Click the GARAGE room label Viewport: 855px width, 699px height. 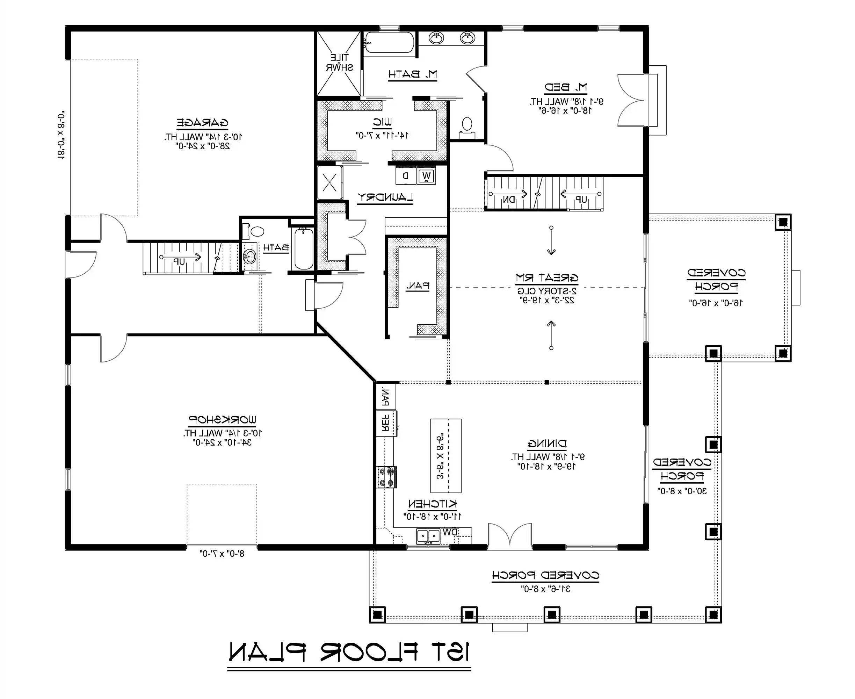click(202, 122)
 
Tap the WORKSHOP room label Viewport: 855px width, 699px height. click(222, 420)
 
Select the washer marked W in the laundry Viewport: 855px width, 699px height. click(426, 176)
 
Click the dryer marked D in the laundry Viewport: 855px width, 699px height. click(406, 176)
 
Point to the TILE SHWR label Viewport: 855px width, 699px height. click(339, 63)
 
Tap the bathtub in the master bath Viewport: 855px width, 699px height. click(389, 43)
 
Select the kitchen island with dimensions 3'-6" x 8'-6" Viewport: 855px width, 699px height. click(445, 455)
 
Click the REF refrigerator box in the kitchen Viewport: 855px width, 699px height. click(386, 423)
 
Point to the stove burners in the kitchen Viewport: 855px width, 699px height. click(386, 477)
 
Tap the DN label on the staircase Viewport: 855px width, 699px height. click(508, 199)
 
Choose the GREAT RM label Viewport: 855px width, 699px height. click(547, 278)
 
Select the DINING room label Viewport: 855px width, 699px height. click(547, 444)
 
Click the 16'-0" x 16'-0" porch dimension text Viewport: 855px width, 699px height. click(716, 303)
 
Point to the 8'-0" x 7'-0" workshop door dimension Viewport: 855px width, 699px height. click(222, 554)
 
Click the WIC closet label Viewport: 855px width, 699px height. click(382, 122)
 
